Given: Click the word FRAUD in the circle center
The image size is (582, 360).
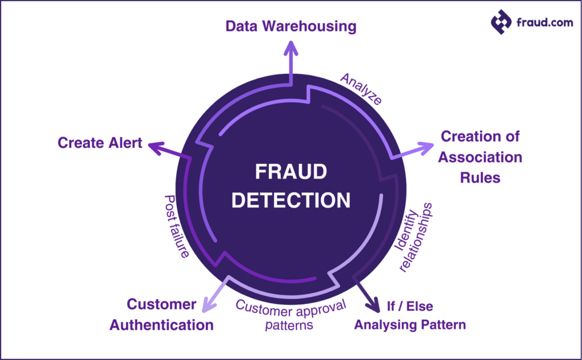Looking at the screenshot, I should coord(290,172).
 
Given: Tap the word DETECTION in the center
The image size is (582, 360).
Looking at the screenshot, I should coord(291,200).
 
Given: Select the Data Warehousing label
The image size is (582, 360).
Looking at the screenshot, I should coord(290,27).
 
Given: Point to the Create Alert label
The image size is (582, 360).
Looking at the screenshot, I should coord(100,143).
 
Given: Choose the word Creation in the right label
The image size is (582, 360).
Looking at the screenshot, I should coord(464,136).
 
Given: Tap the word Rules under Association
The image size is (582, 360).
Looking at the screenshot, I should coord(480,177).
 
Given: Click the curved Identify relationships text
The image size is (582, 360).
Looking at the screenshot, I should coord(414,235).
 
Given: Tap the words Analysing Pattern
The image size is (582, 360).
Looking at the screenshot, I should coord(410,325).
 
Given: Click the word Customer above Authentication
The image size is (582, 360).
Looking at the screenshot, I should coord(161,304).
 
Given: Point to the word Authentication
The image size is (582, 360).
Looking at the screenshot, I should coord(161,325).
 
